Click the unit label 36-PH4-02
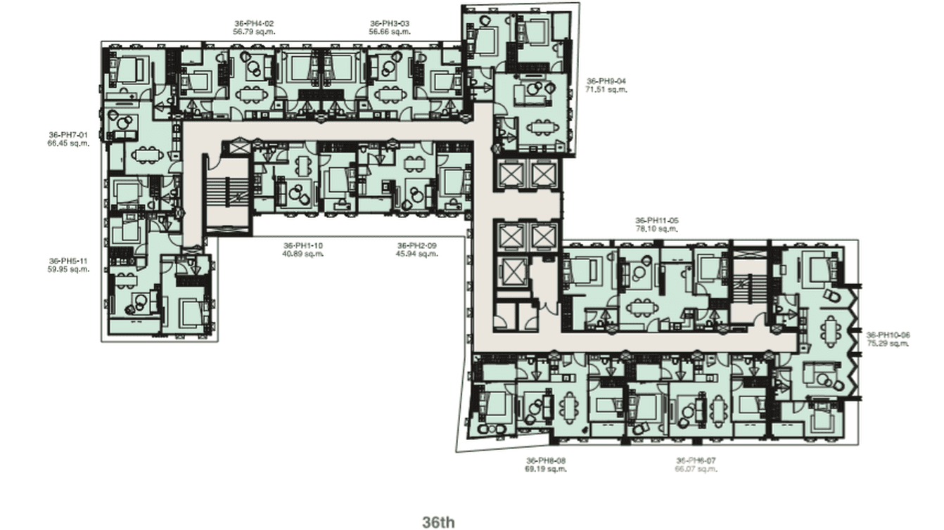(x=253, y=23)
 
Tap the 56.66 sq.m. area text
(x=389, y=32)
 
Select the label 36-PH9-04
(x=606, y=81)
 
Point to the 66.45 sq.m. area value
(x=68, y=143)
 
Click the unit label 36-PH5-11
(x=68, y=261)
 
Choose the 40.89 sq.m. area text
(x=303, y=254)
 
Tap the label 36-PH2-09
(x=417, y=245)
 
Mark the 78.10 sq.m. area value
(x=656, y=228)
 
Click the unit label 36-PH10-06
(x=888, y=335)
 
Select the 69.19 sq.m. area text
(x=546, y=469)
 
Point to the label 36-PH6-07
(x=696, y=460)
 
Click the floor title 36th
(x=438, y=522)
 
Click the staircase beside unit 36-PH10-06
(x=750, y=285)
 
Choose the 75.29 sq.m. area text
(x=888, y=344)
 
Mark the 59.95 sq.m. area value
(x=68, y=269)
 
